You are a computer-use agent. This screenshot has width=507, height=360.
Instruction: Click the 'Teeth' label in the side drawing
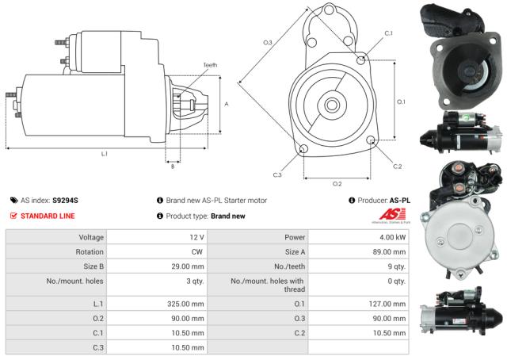(x=209, y=65)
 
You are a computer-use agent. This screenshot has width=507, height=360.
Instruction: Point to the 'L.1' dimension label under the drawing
(x=105, y=153)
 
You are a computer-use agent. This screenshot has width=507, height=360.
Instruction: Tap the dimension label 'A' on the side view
(x=227, y=104)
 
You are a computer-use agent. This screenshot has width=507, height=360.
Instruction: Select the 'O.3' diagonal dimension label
(x=268, y=42)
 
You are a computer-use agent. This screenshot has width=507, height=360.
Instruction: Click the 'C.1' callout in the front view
(x=388, y=33)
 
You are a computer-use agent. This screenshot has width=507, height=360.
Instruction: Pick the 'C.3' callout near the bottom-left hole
(x=277, y=174)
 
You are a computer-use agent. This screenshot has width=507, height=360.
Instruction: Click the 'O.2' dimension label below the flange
(x=337, y=183)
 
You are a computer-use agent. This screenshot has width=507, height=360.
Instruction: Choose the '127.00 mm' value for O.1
(x=388, y=303)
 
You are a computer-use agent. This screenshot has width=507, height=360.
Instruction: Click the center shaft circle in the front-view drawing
(x=332, y=104)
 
